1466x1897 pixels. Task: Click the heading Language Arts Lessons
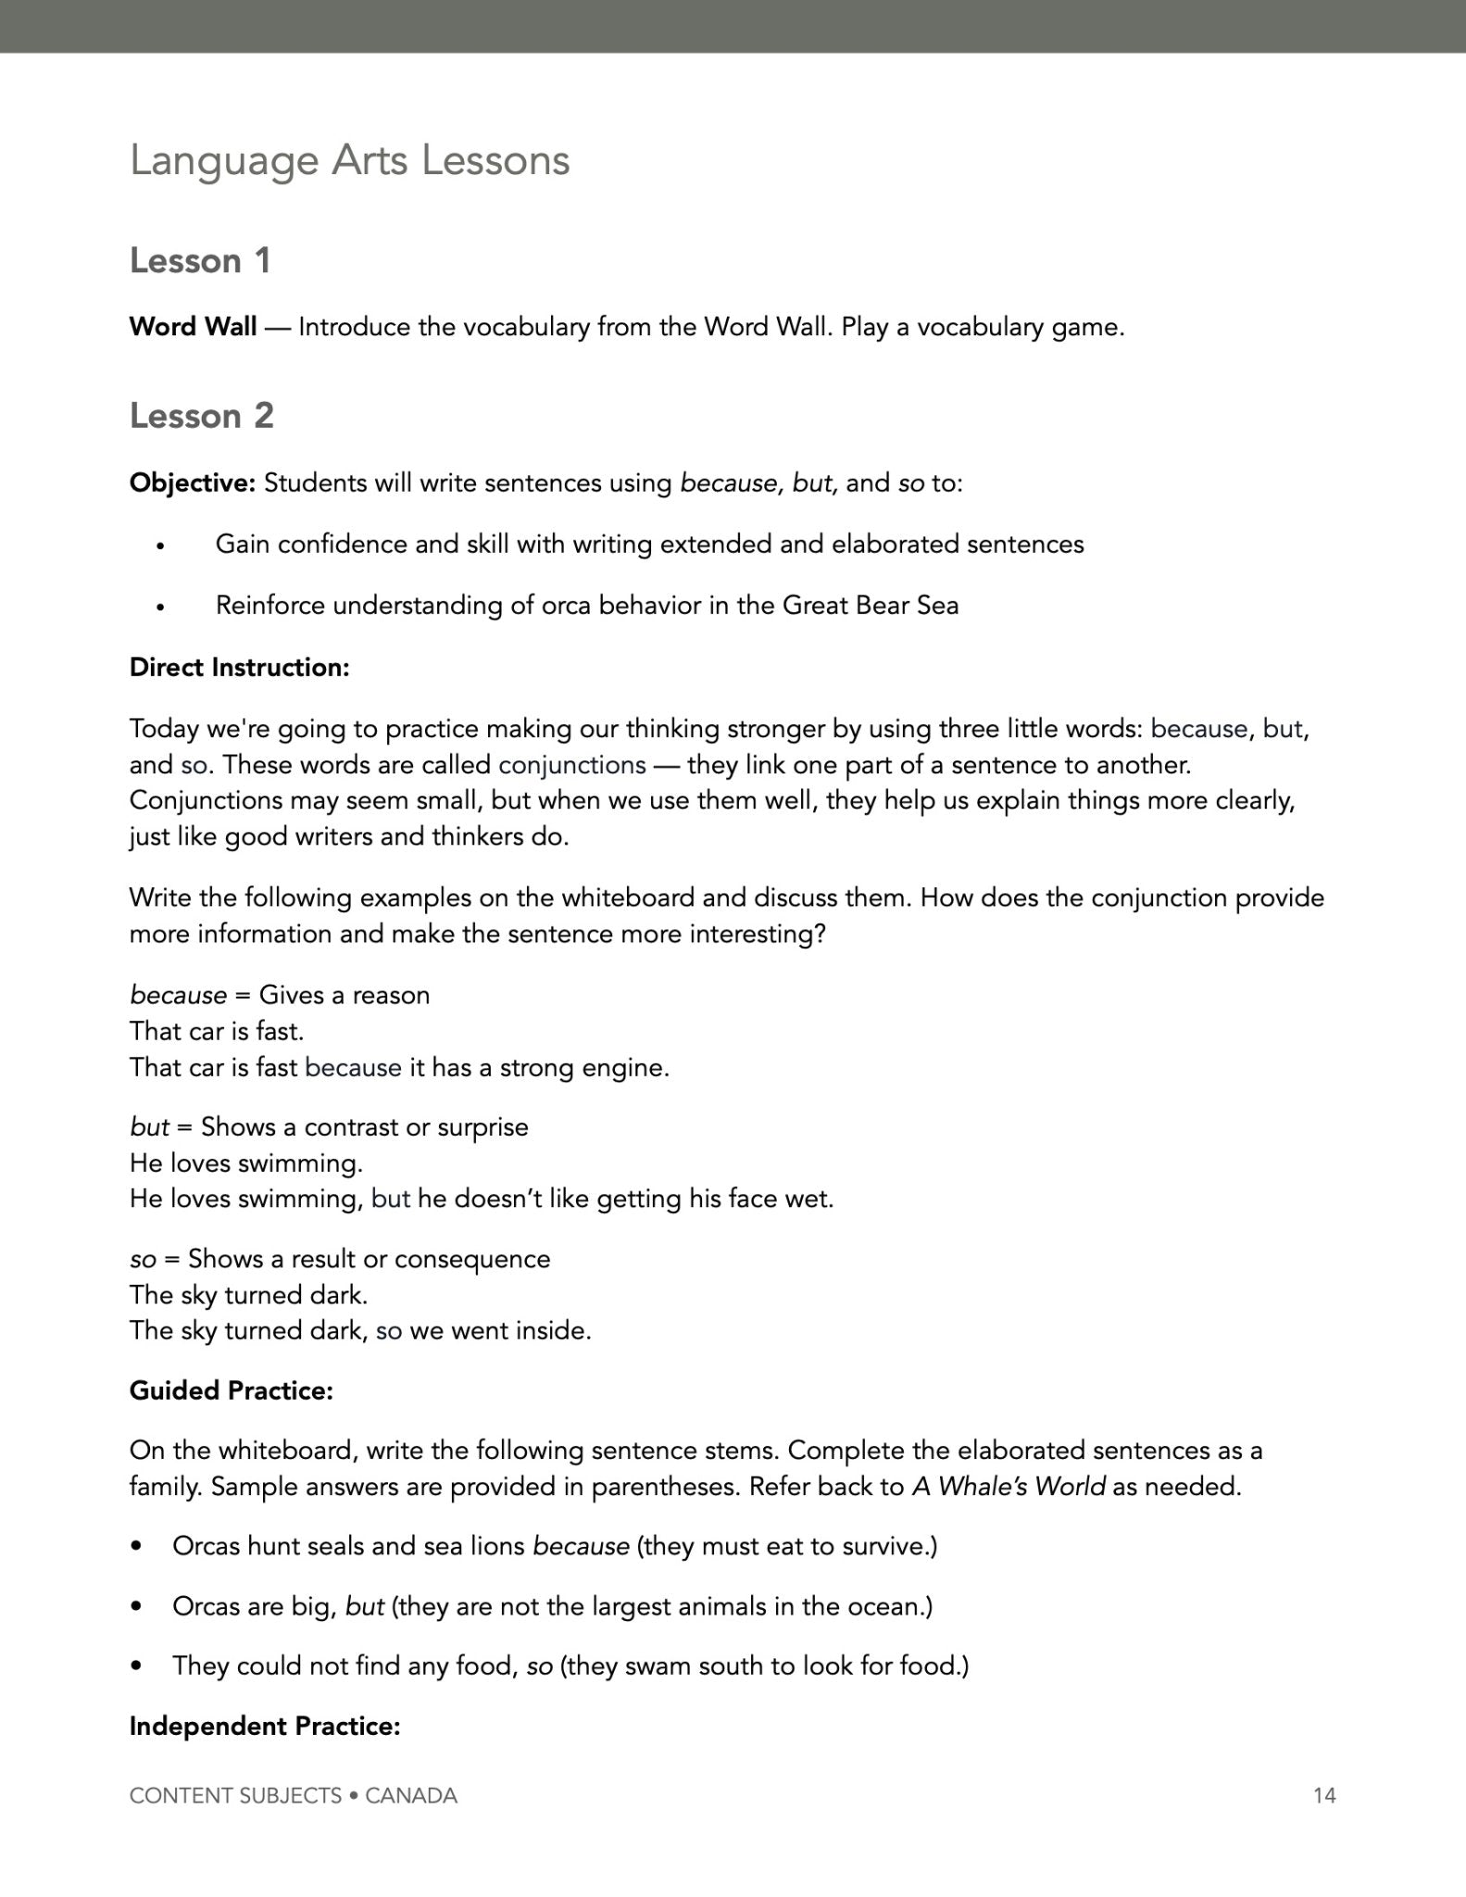349,161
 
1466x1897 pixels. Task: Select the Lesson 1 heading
200,261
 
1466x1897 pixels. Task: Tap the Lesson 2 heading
201,416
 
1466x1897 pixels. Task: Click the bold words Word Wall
193,327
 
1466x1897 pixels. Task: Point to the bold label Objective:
192,483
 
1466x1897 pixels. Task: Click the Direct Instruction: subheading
239,668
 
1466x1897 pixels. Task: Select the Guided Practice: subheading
231,1390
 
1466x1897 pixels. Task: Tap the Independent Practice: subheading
264,1727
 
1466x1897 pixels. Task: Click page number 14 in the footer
1324,1796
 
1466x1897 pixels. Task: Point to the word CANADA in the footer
411,1796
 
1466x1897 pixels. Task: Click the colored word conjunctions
571,765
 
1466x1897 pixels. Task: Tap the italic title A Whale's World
1009,1487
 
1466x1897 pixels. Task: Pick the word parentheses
665,1487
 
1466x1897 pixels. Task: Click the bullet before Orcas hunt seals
137,1547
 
